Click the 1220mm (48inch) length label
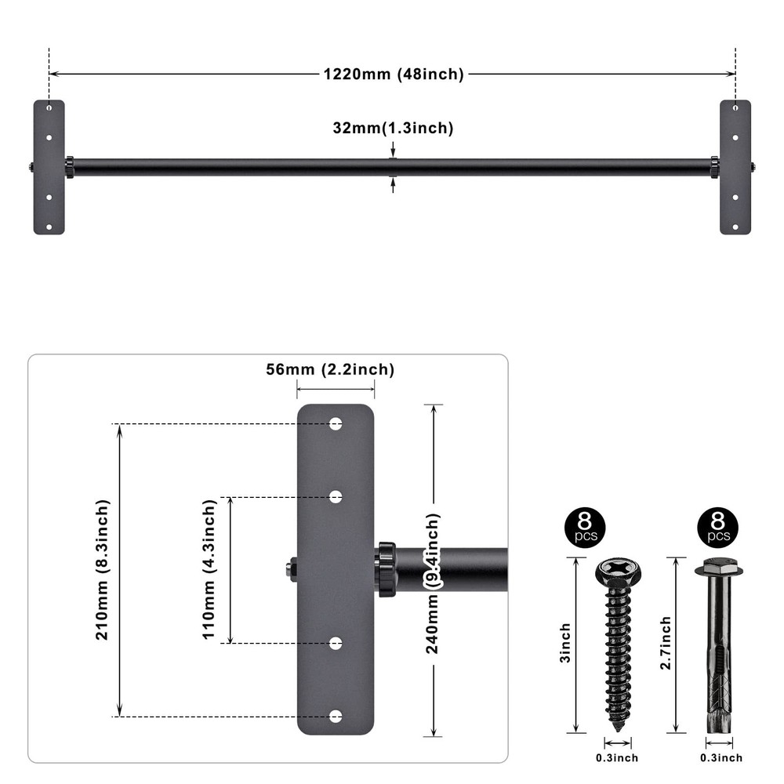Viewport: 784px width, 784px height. (394, 74)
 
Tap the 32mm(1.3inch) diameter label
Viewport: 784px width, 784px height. (393, 128)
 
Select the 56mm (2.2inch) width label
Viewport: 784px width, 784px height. (330, 370)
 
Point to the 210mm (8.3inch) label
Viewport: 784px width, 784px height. (103, 570)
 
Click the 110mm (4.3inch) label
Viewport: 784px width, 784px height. (209, 570)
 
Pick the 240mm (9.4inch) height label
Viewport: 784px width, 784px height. (433, 583)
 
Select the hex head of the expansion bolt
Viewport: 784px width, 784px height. (713, 567)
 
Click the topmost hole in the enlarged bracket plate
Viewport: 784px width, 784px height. (336, 423)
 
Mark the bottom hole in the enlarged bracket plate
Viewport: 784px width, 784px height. (336, 717)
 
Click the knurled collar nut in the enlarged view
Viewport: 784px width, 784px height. (386, 569)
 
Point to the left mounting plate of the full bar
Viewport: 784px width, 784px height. (49, 167)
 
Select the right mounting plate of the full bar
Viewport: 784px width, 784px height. (735, 167)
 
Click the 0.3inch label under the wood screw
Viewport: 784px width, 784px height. (617, 757)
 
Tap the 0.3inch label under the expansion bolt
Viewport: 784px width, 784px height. (720, 757)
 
